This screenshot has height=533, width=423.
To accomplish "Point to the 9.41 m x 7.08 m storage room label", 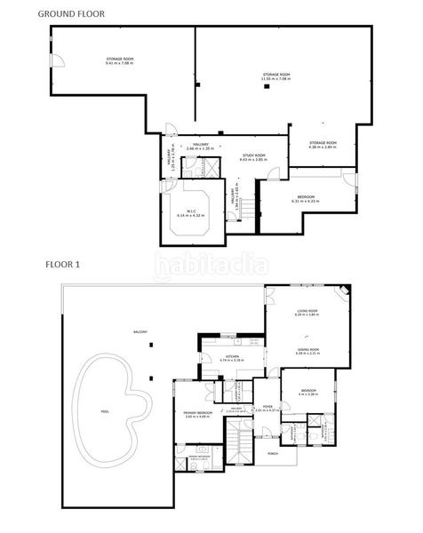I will tap(118, 61).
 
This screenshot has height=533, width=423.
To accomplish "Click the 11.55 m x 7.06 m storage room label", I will tap(276, 76).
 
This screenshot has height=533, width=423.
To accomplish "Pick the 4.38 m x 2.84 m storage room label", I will tap(323, 144).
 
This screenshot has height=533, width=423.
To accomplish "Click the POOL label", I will tap(106, 411).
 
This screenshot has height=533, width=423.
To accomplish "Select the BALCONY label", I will tap(140, 331).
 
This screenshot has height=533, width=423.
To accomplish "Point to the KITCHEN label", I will tap(232, 358).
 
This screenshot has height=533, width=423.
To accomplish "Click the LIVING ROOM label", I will tap(307, 312).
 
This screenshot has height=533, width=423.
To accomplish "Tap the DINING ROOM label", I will tap(307, 351).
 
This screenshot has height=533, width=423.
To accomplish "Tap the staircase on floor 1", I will tap(237, 442).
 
